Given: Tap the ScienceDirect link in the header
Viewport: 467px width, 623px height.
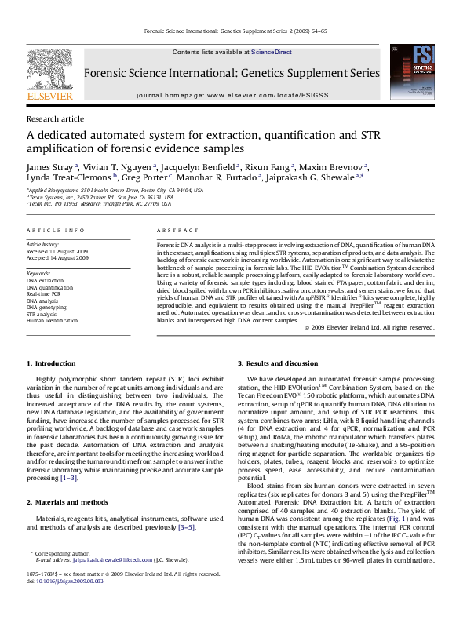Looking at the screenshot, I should (x=272, y=52).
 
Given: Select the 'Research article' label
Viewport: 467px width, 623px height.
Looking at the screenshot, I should (x=55, y=118).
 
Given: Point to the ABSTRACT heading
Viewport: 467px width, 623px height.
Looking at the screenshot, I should (x=173, y=231).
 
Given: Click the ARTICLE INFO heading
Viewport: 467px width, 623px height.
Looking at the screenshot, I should (x=56, y=231).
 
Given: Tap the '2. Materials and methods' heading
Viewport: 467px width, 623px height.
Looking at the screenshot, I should (x=68, y=501).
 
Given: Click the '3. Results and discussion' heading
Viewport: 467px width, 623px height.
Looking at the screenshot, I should (x=279, y=364).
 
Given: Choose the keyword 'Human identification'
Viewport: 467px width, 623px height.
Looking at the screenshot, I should (x=53, y=321).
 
